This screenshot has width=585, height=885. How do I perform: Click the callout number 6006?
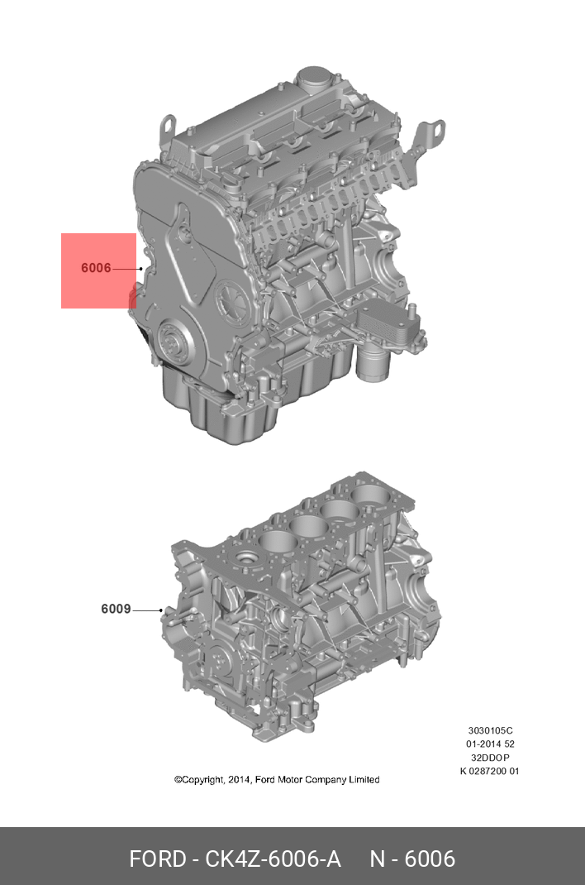point(96,268)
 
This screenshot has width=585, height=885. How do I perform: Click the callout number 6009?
point(116,610)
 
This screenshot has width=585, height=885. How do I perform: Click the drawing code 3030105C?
point(490,731)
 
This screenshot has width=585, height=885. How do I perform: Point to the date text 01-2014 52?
point(490,744)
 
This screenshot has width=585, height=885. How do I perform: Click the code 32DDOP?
point(490,758)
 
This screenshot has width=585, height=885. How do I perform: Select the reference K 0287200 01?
point(490,771)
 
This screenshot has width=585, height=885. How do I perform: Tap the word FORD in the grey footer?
point(158,859)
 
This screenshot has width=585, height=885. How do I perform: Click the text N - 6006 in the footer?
point(412,859)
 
